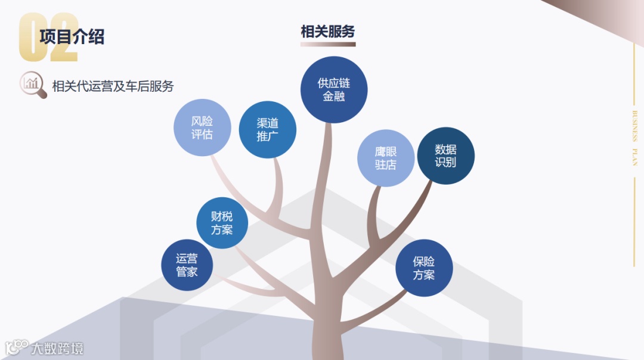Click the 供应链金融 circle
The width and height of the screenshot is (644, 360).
(x=334, y=89)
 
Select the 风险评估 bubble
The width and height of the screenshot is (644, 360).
(x=202, y=128)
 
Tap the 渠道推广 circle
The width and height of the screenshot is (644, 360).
(x=268, y=129)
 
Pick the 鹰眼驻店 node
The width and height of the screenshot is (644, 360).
(x=386, y=158)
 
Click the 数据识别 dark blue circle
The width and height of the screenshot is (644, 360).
(x=445, y=156)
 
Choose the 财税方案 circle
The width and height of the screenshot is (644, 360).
(x=222, y=223)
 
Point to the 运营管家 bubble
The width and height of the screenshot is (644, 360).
(x=187, y=265)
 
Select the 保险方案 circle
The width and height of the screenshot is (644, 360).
(x=424, y=268)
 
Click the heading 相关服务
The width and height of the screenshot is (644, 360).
(x=328, y=32)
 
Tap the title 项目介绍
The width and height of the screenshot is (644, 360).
(x=72, y=36)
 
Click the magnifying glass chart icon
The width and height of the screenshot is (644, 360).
(x=33, y=85)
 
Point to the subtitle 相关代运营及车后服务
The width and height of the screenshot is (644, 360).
(x=113, y=86)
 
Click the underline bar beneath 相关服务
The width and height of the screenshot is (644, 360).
(x=328, y=44)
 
